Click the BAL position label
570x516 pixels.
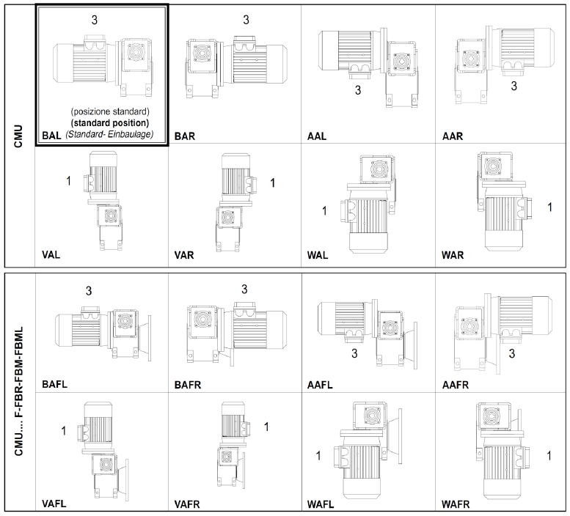tap(51, 135)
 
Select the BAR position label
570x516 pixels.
tap(185, 136)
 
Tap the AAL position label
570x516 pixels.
tap(318, 136)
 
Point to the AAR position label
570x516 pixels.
tap(453, 136)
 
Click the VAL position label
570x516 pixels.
tap(51, 256)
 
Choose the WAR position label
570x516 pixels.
tap(453, 256)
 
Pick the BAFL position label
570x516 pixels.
tap(56, 383)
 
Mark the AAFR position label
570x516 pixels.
tap(458, 383)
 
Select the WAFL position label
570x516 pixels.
tap(323, 504)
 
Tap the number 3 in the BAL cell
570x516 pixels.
tap(94, 20)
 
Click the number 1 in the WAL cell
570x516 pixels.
tap(324, 211)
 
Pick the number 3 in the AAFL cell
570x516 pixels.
tap(354, 354)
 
